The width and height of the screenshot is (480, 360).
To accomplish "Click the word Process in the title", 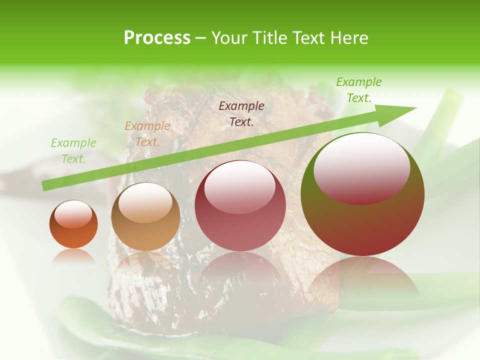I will point(157,38).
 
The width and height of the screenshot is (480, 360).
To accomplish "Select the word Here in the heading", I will point(348,38).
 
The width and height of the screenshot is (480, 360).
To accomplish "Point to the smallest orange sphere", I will point(73,225).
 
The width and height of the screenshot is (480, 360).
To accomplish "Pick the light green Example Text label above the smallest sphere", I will point(73,151).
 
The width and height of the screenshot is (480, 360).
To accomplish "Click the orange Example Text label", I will point(147,134).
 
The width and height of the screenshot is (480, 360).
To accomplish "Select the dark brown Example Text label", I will point(241,113).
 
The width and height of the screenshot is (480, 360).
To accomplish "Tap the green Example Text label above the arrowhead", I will point(359,90).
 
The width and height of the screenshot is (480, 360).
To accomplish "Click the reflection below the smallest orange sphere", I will point(73,256).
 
